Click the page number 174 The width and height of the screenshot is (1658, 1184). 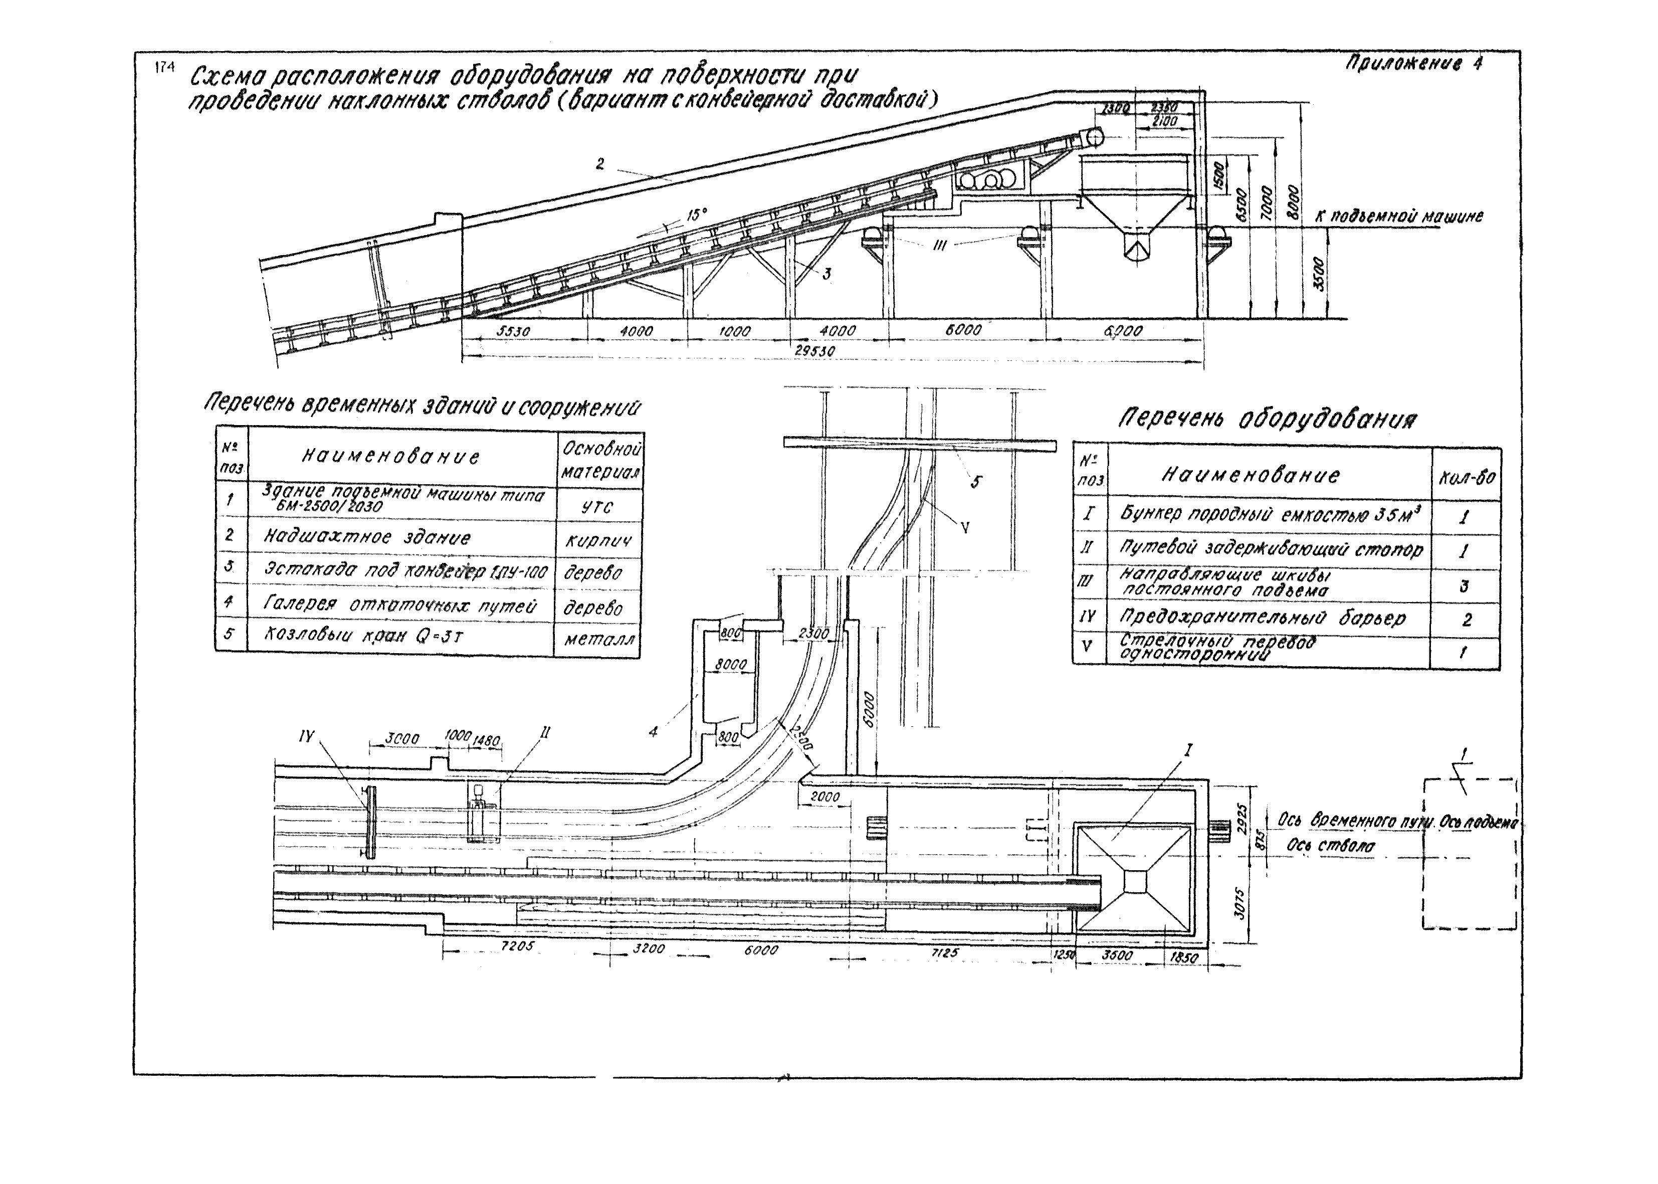[x=165, y=68]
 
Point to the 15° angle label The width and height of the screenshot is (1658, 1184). [x=697, y=215]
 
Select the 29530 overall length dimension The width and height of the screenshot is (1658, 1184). [x=815, y=351]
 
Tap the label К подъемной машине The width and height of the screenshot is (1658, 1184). [x=1398, y=217]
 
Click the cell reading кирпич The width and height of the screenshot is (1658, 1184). [x=598, y=540]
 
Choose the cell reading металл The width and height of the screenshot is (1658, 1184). [x=599, y=640]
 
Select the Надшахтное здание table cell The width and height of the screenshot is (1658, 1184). [x=367, y=538]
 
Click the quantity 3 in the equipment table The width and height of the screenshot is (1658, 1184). [x=1464, y=585]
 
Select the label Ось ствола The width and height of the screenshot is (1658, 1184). [x=1331, y=846]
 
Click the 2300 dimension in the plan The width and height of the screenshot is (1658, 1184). [x=812, y=634]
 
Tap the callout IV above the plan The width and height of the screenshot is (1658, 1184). [x=306, y=736]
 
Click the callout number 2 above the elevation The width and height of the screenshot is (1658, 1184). [x=600, y=164]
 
